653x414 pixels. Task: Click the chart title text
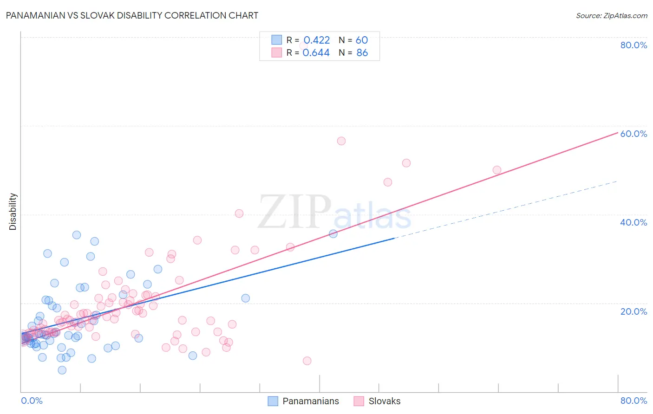132,15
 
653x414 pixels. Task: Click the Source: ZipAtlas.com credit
611,15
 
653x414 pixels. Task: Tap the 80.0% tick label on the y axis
633,45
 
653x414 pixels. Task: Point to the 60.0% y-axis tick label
633,134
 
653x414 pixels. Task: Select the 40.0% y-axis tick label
633,222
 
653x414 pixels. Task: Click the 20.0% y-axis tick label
633,311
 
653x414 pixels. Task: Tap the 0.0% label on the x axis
32,401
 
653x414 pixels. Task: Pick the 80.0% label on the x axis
633,401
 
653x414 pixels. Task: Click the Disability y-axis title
13,212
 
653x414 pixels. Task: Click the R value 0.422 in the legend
316,40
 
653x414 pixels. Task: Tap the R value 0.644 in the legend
316,53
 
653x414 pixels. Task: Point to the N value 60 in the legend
362,40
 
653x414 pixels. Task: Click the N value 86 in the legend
362,53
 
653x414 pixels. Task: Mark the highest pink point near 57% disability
341,141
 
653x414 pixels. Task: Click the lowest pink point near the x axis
307,361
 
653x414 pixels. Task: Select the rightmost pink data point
497,170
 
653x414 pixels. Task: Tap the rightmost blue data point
333,233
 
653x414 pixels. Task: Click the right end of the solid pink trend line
618,133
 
